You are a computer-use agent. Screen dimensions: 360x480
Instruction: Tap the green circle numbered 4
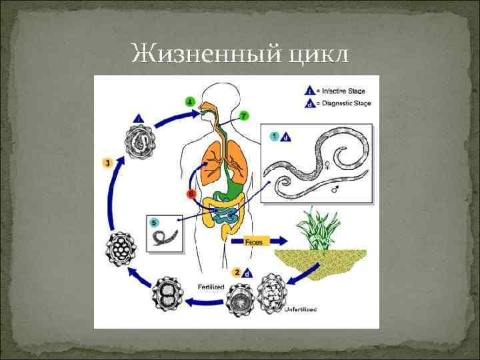pyautogui.click(x=190, y=102)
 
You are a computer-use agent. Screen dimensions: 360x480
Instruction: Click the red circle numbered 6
pyautogui.click(x=191, y=194)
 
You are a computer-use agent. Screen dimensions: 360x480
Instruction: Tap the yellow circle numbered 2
pyautogui.click(x=237, y=273)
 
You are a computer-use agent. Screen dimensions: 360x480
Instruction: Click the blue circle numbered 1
pyautogui.click(x=274, y=136)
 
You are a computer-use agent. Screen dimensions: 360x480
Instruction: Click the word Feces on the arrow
pyautogui.click(x=254, y=242)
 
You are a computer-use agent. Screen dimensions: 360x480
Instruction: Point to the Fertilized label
pyautogui.click(x=211, y=287)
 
